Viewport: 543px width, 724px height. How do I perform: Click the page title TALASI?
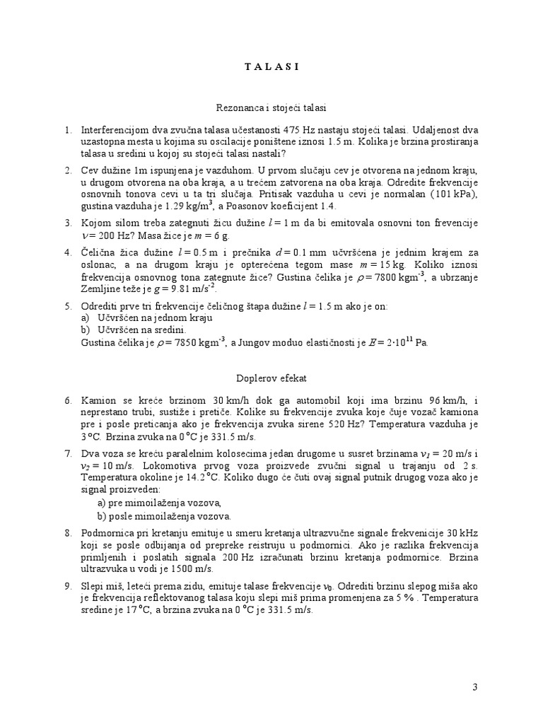click(x=271, y=67)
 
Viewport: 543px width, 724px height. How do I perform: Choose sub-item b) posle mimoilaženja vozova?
click(x=165, y=516)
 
